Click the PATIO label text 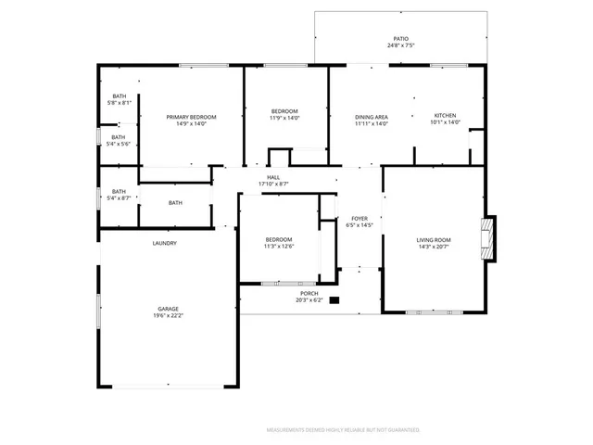coord(401,39)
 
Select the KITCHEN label coord(446,116)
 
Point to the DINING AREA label coord(371,116)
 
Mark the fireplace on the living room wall coord(488,237)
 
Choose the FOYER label coord(359,219)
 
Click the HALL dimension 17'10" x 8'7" coord(273,184)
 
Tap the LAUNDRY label coord(165,243)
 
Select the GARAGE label coord(168,309)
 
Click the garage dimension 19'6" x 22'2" coord(168,316)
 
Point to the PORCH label coord(309,293)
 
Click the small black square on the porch coord(335,299)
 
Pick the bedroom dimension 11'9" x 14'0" coord(285,118)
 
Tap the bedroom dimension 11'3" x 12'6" coord(279,246)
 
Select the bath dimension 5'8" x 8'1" coord(120,103)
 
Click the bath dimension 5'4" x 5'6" coord(120,144)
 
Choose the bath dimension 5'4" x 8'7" coord(120,198)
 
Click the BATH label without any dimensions coord(175,203)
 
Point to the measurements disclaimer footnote coord(343,430)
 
